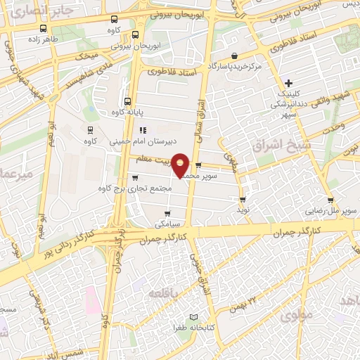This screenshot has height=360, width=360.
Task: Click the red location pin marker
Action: pos(181,164)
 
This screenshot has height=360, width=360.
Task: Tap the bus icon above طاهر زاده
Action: pos(44,30)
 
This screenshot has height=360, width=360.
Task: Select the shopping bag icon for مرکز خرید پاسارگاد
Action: pos(234,56)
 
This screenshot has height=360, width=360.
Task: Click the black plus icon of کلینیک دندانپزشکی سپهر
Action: pos(289,83)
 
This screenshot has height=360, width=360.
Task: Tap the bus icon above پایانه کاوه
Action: pos(127,101)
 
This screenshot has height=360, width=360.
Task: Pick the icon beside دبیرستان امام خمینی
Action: pos(142,129)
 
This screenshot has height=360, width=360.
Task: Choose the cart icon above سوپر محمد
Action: pos(198,166)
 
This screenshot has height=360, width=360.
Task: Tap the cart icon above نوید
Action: pos(243,199)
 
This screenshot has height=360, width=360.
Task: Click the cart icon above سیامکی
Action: pos(167,214)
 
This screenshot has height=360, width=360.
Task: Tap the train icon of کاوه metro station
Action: pos(89,129)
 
